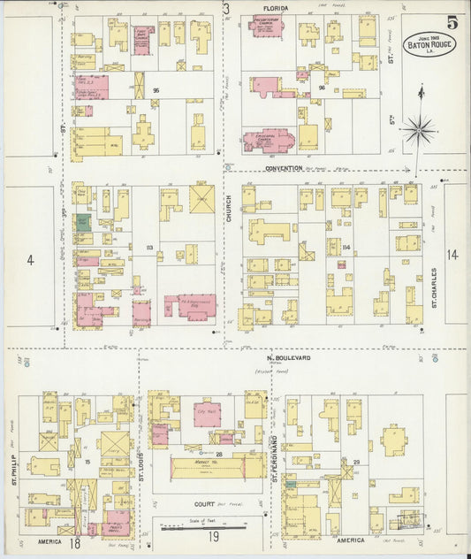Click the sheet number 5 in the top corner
pos(452,21)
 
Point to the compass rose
pos(420,129)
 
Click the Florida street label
pos(274,8)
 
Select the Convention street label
pos(284,167)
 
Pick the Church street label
pos(228,212)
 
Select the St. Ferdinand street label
pos(275,461)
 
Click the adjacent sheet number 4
pos(29,260)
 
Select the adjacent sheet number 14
pos(453,255)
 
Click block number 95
pos(156,90)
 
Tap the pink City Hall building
pos(208,413)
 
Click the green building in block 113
pos(82,222)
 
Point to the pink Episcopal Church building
pos(273,140)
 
